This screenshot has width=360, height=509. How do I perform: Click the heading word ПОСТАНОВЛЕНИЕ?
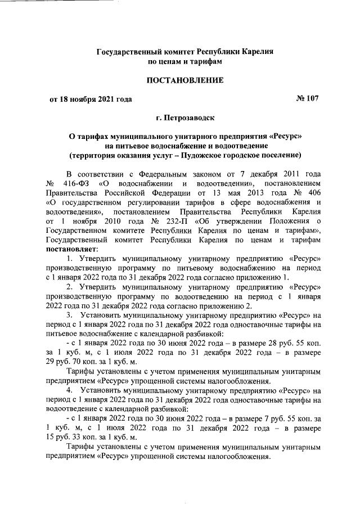point(185,80)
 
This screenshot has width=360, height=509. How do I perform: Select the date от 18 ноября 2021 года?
point(91,100)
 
